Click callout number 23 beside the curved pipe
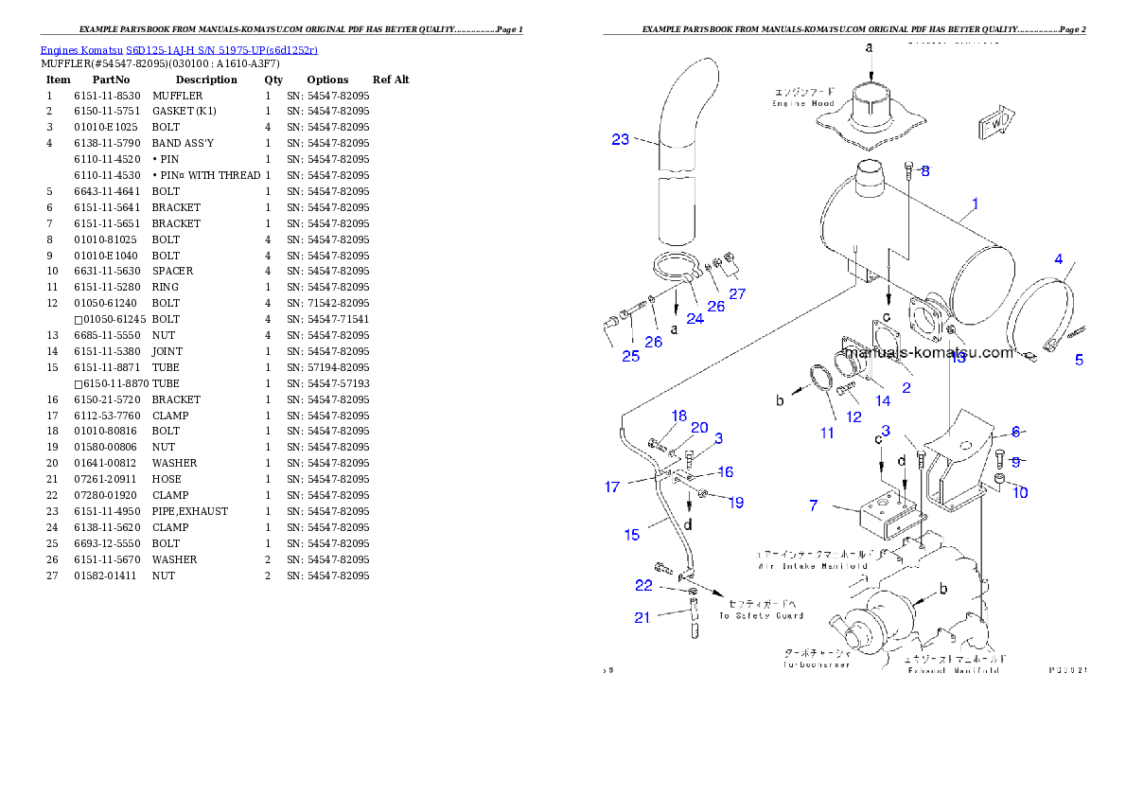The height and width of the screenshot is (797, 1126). tap(620, 139)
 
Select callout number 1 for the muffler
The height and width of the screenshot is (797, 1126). tap(976, 203)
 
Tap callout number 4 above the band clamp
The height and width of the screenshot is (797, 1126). tap(1059, 258)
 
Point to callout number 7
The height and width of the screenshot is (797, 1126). tap(813, 505)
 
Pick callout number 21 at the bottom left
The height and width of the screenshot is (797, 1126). tap(642, 617)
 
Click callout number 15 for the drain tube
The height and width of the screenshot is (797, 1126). tap(631, 535)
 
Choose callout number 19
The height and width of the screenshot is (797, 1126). tap(736, 503)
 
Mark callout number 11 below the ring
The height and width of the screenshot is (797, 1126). tap(827, 433)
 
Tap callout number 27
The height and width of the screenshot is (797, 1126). tap(737, 293)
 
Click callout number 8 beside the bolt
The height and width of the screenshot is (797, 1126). tap(924, 171)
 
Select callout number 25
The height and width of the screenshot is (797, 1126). tap(630, 356)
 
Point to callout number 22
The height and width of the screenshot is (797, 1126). tap(643, 586)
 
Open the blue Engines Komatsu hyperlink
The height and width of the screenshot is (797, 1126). tap(179, 49)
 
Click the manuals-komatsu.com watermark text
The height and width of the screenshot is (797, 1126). tap(927, 353)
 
